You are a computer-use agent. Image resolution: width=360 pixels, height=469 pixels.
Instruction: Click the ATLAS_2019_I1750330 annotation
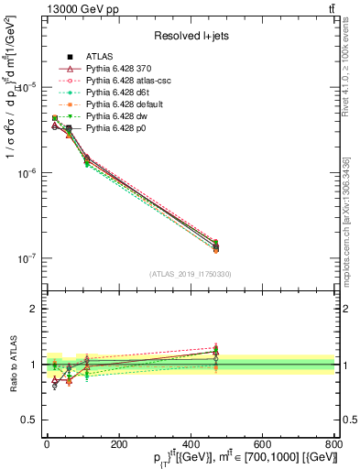pyautogui.click(x=189, y=274)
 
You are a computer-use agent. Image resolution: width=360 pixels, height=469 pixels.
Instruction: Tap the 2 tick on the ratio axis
pyautogui.click(x=32, y=309)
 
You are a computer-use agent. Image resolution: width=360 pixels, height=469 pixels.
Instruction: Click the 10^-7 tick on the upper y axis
pyautogui.click(x=27, y=259)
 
